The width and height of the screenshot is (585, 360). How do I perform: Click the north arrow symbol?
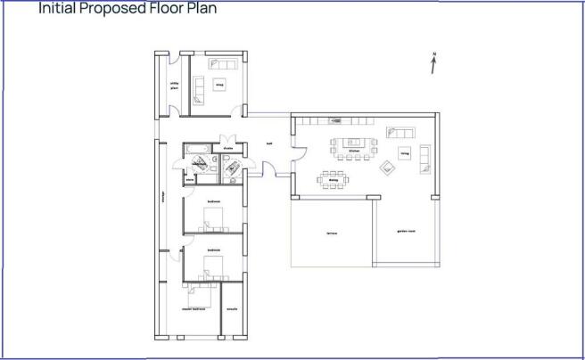(433, 63)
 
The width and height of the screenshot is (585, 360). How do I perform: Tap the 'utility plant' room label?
(175, 86)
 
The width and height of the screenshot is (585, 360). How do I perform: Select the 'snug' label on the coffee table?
(218, 84)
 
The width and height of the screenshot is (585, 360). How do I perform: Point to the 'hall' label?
(268, 143)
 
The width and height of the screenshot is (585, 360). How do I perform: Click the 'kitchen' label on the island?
(341, 151)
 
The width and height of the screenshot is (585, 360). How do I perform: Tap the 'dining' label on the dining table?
(333, 179)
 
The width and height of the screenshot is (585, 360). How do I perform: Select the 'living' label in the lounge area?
(404, 153)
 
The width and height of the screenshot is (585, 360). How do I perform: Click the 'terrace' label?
(331, 233)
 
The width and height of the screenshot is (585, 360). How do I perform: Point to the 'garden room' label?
(407, 233)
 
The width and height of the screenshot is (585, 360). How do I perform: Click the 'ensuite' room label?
(231, 309)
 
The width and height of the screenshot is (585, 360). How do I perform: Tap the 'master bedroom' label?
(194, 309)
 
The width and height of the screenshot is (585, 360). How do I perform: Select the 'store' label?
(189, 179)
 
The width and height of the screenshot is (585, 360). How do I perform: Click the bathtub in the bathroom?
(196, 148)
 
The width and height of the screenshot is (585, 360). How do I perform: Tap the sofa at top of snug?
(219, 63)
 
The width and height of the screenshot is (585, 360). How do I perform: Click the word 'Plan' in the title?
(199, 9)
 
